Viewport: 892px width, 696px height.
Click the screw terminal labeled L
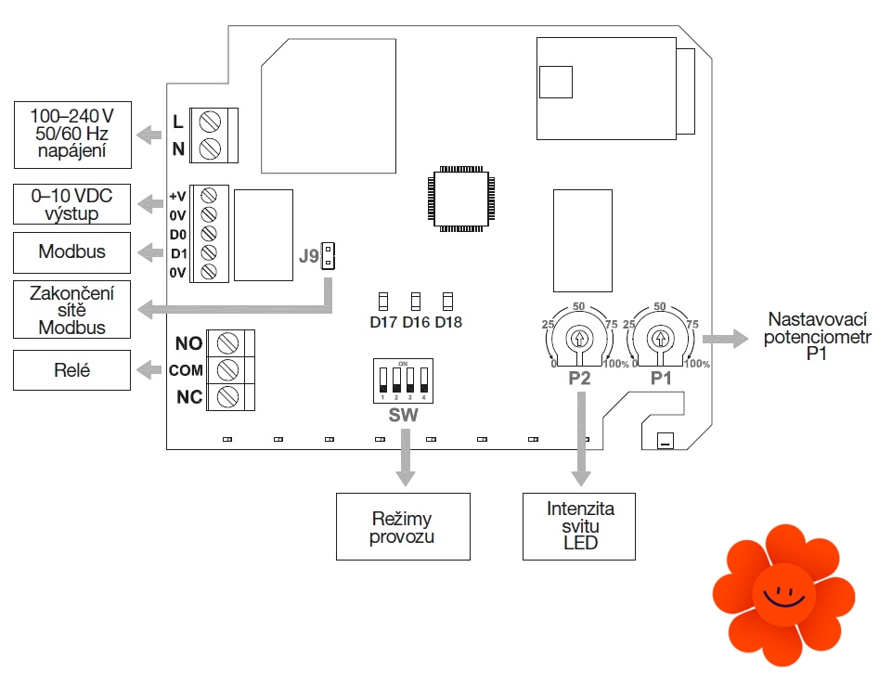(209, 122)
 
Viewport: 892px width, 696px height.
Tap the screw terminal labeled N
(209, 148)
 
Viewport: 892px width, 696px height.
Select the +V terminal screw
(209, 196)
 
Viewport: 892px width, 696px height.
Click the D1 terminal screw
(209, 252)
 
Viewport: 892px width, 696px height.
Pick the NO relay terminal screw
(226, 344)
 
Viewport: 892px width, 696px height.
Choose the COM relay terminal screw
(226, 370)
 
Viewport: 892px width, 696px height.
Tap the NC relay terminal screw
(226, 397)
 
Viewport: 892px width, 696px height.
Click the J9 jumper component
(328, 257)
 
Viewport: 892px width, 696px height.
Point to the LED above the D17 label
(382, 301)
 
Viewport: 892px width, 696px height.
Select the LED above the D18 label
(447, 301)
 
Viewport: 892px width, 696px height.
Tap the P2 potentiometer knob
(579, 338)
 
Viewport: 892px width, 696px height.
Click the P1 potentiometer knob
(660, 338)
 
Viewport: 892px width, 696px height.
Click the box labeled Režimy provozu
(403, 526)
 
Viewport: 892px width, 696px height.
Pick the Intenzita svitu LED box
(579, 526)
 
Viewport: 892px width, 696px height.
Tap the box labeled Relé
(72, 370)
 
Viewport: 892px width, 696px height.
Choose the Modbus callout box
(72, 251)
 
